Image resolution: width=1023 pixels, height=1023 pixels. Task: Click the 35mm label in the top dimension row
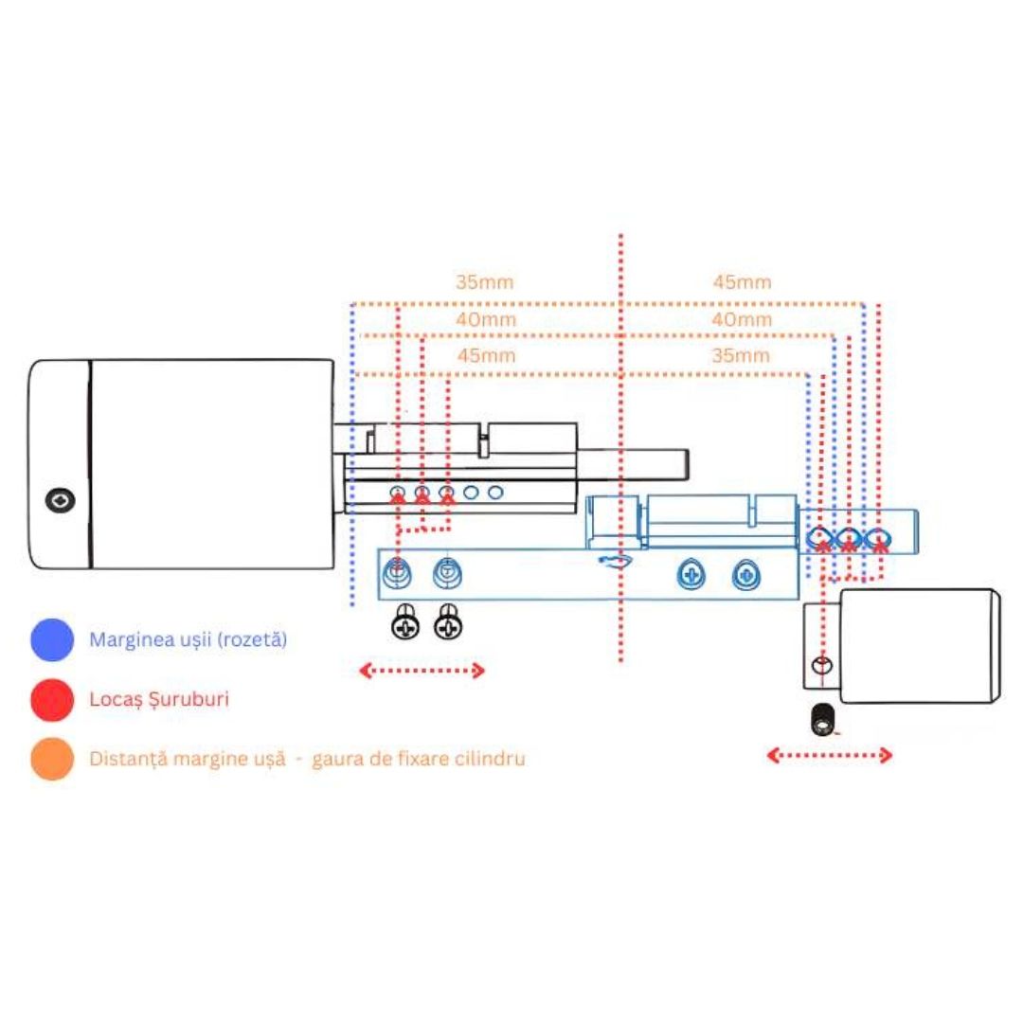pos(484,282)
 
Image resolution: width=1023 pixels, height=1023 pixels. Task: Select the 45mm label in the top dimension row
pos(742,282)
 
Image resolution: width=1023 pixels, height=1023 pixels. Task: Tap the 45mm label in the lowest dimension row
pos(486,355)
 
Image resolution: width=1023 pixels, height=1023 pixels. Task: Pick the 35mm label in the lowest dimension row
pos(741,355)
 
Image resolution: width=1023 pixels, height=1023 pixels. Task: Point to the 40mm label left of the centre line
pos(486,319)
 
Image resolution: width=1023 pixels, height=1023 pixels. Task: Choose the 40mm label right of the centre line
pos(742,319)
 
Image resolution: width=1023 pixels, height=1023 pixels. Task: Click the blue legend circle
pos(52,639)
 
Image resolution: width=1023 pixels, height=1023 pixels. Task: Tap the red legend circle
pos(52,699)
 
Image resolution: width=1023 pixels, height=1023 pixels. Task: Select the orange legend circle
pos(52,759)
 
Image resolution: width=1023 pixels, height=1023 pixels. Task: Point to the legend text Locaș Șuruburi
pos(159,699)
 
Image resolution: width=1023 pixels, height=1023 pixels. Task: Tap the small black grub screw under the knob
pos(822,720)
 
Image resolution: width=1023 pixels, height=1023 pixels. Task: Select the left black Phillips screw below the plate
pos(405,621)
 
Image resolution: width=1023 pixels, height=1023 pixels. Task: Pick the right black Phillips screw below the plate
pos(448,621)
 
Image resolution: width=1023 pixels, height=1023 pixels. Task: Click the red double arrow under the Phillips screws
pos(422,670)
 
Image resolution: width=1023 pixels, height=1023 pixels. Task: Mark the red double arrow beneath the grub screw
pos(829,756)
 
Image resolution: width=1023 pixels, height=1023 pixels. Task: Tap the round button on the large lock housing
pos(60,500)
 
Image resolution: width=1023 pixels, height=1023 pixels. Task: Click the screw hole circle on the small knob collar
pos(822,666)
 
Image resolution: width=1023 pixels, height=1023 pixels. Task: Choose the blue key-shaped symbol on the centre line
pos(615,561)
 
